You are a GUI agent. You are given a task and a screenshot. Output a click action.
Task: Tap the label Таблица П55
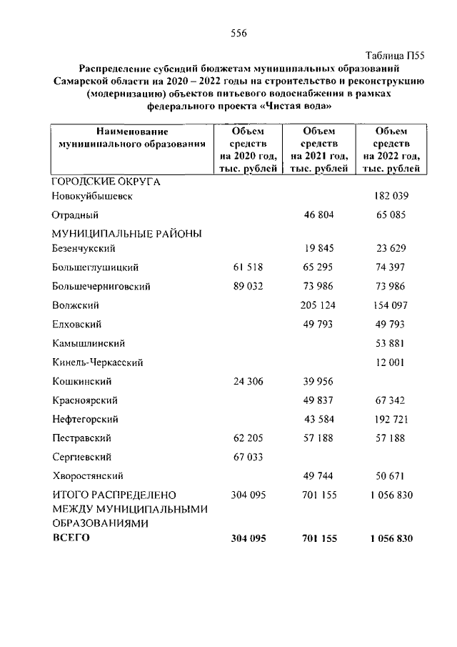click(394, 55)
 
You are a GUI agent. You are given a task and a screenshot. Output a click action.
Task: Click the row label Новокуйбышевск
click(93, 195)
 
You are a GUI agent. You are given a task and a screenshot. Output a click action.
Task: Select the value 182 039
click(391, 195)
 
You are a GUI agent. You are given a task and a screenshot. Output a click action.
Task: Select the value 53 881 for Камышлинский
click(391, 343)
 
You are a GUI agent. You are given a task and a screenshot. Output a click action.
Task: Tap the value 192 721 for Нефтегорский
click(391, 418)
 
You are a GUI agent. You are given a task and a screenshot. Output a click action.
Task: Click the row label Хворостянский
click(89, 475)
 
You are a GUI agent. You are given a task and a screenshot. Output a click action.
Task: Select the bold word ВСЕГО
click(71, 538)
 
